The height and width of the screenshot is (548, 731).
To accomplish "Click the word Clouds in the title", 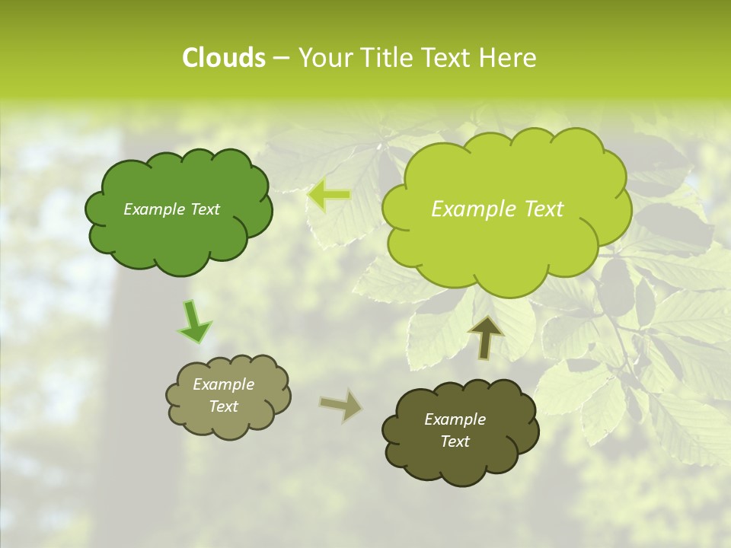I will click(223, 58).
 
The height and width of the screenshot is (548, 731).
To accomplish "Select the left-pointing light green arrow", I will click(329, 196).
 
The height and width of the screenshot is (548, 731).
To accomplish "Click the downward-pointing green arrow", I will click(194, 321).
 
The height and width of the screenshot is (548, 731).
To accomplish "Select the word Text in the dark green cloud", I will click(205, 209).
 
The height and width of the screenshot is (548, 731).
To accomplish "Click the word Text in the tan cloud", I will click(224, 406).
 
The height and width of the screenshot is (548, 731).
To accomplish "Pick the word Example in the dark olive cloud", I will click(455, 419).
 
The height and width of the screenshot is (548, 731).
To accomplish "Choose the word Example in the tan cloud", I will click(224, 384).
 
